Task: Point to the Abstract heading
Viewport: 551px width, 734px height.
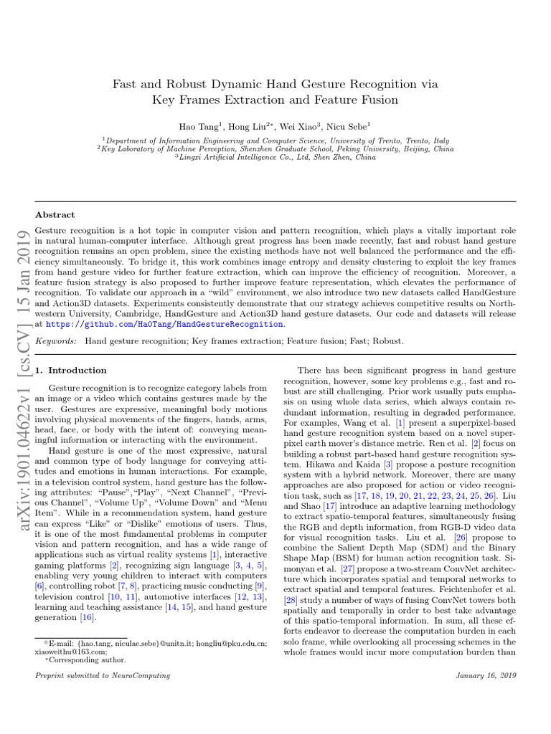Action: point(55,214)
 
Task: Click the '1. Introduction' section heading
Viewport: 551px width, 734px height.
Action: point(71,371)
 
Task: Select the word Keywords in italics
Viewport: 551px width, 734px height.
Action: point(56,341)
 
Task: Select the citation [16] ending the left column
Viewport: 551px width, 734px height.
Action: point(88,618)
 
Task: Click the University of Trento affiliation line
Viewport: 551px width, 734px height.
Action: point(276,141)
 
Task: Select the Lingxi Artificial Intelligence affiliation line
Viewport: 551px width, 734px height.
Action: point(276,158)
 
